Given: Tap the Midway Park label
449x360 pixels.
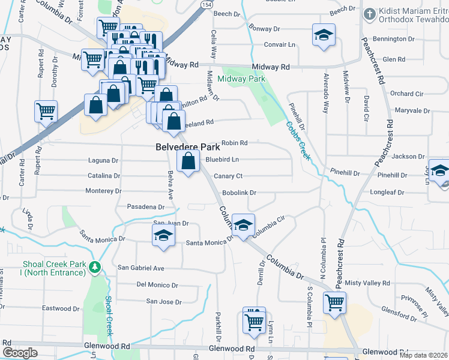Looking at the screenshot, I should click(x=241, y=79).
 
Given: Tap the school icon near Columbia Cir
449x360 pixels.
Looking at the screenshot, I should click(x=244, y=226).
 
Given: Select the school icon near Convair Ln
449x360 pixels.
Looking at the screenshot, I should click(x=324, y=35).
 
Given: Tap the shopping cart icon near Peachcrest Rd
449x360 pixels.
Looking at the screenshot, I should click(x=334, y=302).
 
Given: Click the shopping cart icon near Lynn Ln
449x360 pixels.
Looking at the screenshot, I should click(x=255, y=320).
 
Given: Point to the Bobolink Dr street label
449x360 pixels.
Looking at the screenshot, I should click(x=239, y=193).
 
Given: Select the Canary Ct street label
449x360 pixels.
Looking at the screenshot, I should click(x=228, y=176).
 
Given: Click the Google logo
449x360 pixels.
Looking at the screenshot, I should click(x=19, y=353).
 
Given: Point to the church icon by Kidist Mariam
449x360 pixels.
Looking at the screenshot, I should click(x=370, y=13).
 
